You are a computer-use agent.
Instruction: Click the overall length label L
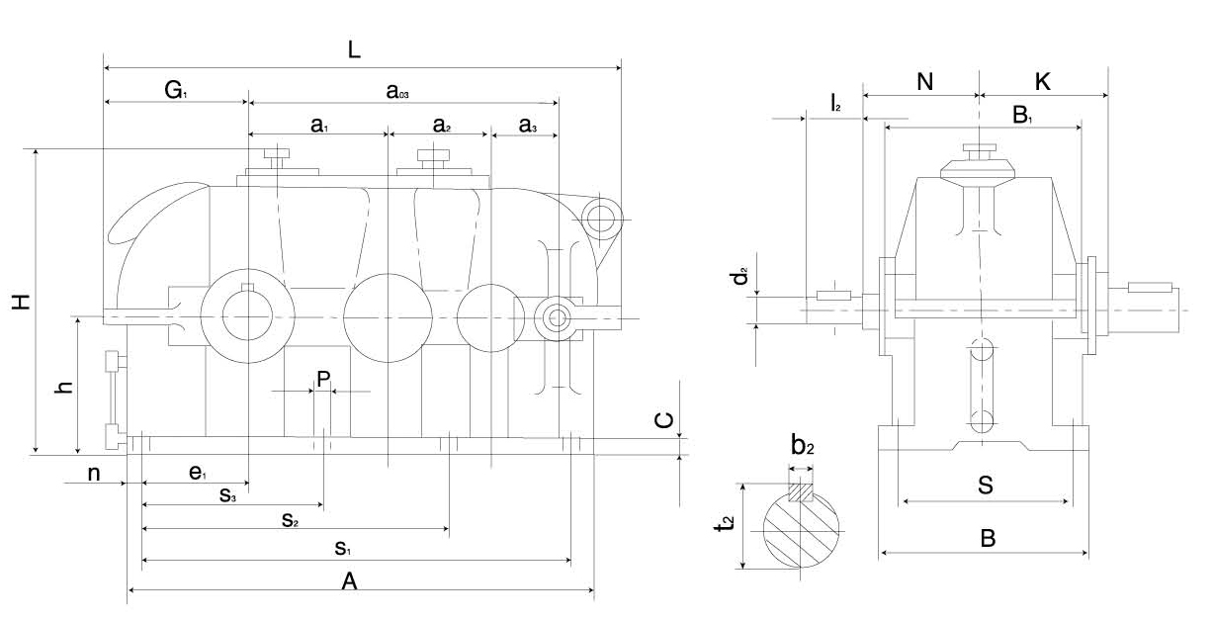coord(354,49)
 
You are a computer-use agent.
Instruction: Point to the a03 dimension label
coord(398,92)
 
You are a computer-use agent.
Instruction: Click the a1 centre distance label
coord(318,125)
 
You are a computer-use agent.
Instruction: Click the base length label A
coord(348,582)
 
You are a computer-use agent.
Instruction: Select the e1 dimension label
coord(197,475)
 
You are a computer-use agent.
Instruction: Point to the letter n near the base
coord(94,474)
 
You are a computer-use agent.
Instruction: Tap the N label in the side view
coord(924,82)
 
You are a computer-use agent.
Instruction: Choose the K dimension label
coord(1042,82)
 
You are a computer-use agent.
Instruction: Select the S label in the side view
coord(986,486)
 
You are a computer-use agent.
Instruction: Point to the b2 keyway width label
coord(802,446)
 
